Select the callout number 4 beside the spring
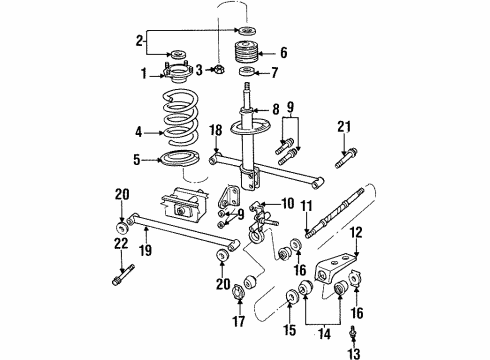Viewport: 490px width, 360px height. tap(139, 129)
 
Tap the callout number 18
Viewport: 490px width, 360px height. tap(215, 130)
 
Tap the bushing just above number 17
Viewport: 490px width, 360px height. tap(239, 297)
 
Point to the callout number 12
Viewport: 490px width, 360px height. tap(358, 258)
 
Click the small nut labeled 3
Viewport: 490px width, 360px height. tap(216, 69)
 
